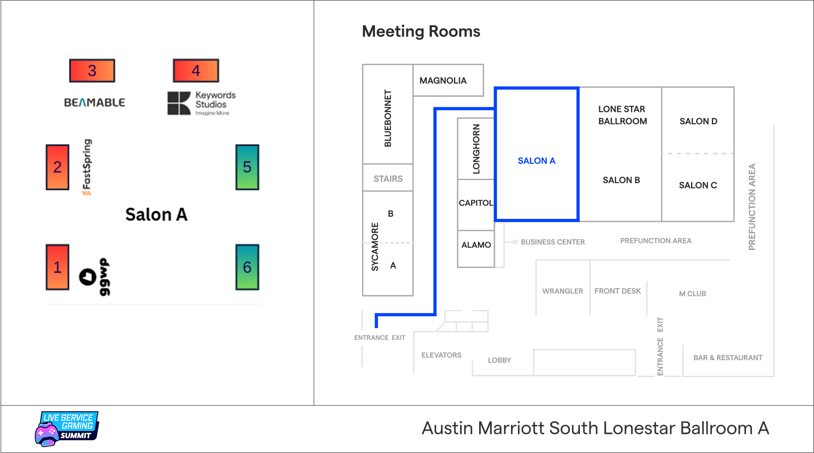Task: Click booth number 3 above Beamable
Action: click(x=92, y=71)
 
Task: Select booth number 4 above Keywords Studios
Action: click(x=196, y=71)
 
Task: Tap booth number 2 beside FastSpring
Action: click(x=57, y=167)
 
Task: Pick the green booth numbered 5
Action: click(x=247, y=167)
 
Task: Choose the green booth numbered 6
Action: click(x=247, y=267)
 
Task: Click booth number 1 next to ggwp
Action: click(x=57, y=267)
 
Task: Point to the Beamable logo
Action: click(x=94, y=103)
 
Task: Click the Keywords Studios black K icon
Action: click(x=179, y=103)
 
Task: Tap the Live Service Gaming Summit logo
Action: click(x=67, y=428)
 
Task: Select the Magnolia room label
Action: click(x=443, y=80)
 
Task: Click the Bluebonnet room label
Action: click(x=388, y=118)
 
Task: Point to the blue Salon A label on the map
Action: click(x=537, y=161)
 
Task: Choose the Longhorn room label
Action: click(x=476, y=149)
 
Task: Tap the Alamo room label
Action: click(x=476, y=245)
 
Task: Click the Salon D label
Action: click(x=698, y=121)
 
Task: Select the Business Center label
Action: click(x=553, y=242)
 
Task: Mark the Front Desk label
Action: click(x=617, y=291)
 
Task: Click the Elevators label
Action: click(x=441, y=355)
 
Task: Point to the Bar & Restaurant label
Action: click(x=728, y=358)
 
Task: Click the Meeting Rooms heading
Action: click(x=421, y=32)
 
